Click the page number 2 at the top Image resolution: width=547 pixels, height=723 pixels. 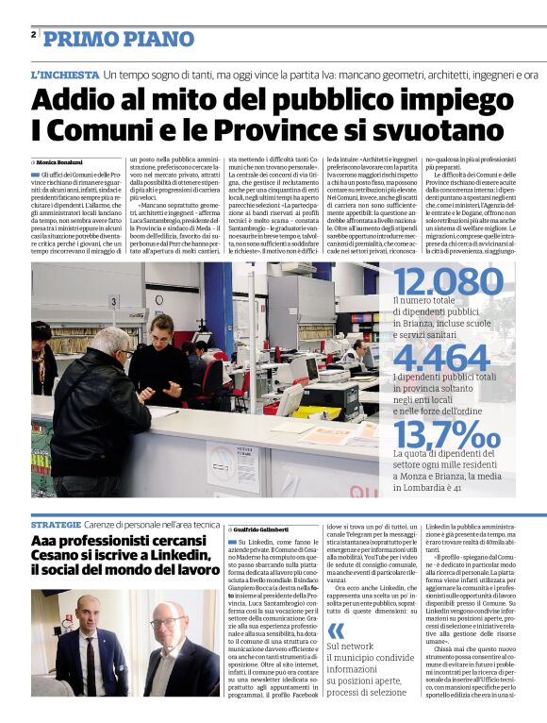(34, 36)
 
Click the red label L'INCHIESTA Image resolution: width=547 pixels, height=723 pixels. (64, 74)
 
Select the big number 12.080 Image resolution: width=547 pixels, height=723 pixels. (448, 281)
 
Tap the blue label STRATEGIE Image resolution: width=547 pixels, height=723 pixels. (56, 523)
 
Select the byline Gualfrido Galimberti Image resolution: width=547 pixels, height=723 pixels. (268, 530)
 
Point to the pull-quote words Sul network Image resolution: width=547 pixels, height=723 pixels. (350, 646)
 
